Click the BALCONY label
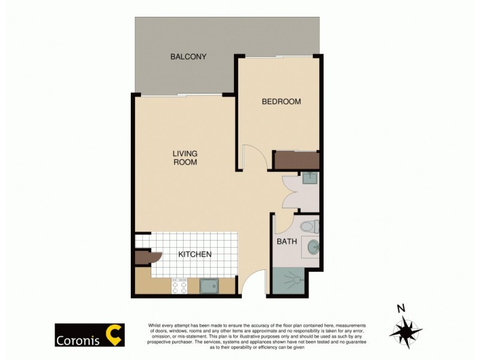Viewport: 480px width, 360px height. pyautogui.click(x=188, y=57)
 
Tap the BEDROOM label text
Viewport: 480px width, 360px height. pyautogui.click(x=281, y=101)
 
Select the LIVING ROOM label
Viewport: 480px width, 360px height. pyautogui.click(x=185, y=158)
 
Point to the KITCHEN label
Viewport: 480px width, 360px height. pyautogui.click(x=195, y=254)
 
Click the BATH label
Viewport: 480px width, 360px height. pyautogui.click(x=287, y=242)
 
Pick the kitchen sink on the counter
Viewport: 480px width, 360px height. pyautogui.click(x=209, y=286)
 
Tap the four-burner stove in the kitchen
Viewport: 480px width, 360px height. pyautogui.click(x=179, y=286)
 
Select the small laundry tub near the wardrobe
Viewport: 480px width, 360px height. pyautogui.click(x=310, y=178)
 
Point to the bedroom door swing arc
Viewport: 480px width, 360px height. pyautogui.click(x=252, y=157)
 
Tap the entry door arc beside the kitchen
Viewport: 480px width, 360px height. pyautogui.click(x=253, y=282)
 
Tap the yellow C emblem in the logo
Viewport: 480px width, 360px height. pyautogui.click(x=112, y=335)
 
